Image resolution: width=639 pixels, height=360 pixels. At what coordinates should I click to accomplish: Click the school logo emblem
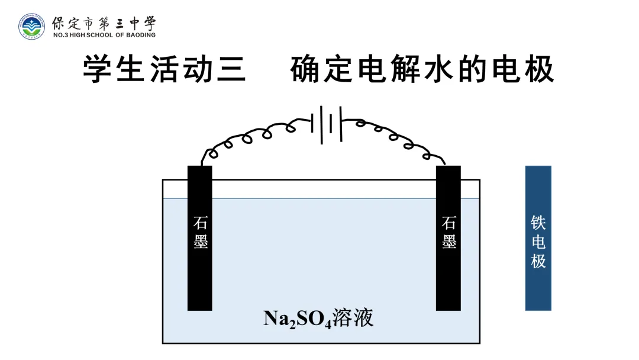[x=31, y=27]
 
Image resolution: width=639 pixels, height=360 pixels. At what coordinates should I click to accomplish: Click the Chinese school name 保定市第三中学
[x=104, y=23]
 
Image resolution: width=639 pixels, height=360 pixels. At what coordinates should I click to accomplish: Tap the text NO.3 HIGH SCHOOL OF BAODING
[x=104, y=35]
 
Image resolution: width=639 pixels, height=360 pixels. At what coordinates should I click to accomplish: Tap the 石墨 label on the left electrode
[x=200, y=233]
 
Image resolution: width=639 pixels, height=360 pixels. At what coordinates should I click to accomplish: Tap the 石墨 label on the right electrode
[x=448, y=233]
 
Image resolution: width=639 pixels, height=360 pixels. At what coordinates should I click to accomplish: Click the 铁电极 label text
[x=538, y=242]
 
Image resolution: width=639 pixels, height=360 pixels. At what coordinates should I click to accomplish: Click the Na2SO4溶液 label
[x=318, y=319]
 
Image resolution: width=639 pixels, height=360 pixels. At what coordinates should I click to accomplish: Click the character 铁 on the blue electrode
[x=538, y=223]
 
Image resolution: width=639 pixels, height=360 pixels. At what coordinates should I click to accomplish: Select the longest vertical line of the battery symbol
[x=321, y=125]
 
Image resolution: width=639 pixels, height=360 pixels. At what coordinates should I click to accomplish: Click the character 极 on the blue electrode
[x=538, y=261]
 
